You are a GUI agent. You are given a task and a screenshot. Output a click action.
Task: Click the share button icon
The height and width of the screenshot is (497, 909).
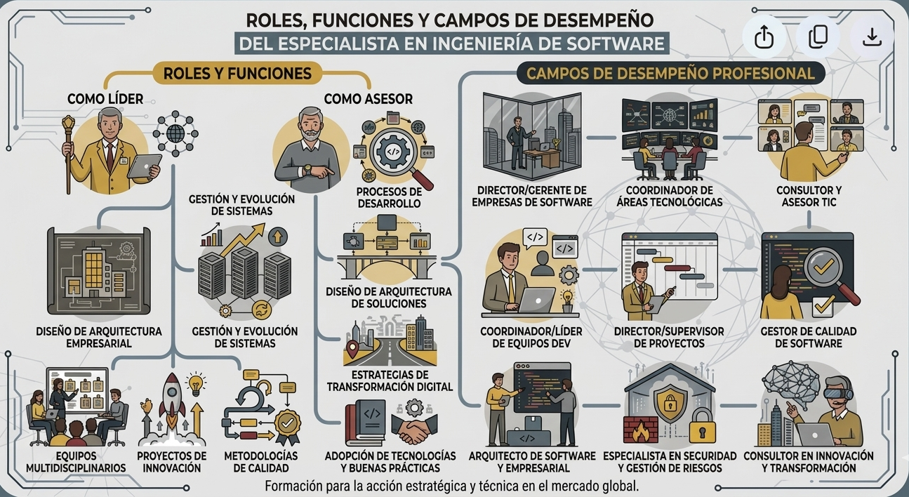pos(764,37)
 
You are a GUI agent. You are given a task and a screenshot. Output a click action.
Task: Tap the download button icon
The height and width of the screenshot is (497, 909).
pos(872,37)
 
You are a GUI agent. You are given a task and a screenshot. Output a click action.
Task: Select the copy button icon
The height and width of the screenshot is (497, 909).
pos(818,37)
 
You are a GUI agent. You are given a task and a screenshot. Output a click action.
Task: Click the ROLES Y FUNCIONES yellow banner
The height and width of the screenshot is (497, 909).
pos(237,74)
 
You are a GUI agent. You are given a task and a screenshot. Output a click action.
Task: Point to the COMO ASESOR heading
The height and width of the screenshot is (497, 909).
pos(368,99)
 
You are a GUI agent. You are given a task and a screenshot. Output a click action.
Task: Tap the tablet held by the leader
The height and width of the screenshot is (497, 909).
pos(145,166)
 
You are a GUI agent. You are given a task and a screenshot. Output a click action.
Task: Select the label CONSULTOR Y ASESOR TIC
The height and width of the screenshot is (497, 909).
pos(809,196)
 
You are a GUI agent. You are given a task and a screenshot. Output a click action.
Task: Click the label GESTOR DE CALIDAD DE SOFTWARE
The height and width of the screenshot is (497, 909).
pos(809,337)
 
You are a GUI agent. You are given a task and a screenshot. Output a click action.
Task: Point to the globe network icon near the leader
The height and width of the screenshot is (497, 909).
pos(175,133)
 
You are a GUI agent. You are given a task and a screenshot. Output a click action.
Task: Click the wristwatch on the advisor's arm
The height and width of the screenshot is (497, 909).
pos(307,168)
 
